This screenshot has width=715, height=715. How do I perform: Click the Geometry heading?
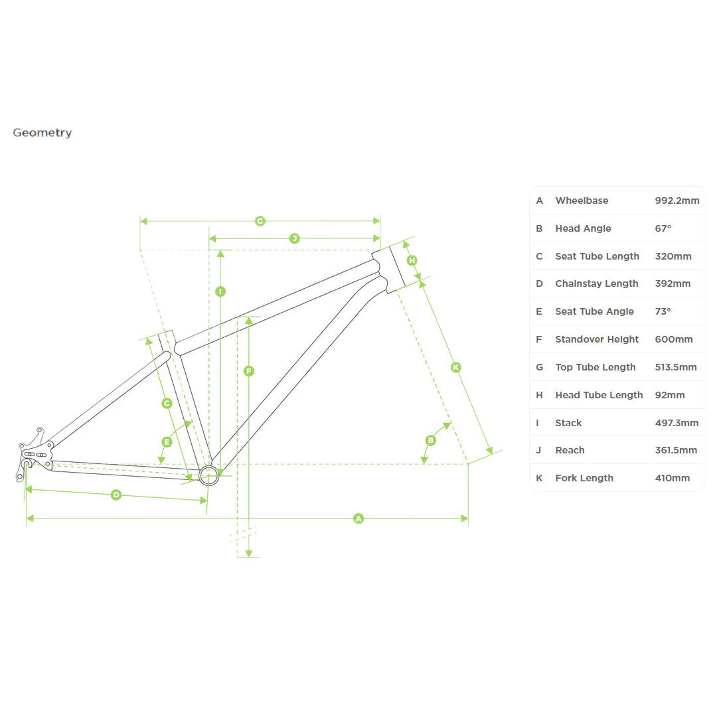[42, 133]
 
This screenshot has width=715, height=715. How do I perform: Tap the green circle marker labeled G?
[260, 221]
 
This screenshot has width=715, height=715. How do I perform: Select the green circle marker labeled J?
[295, 238]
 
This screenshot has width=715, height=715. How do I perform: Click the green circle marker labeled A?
[358, 518]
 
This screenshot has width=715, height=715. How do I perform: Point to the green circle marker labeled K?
[455, 368]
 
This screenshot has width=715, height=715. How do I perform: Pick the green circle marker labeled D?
[116, 495]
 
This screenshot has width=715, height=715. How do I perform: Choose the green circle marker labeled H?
[412, 260]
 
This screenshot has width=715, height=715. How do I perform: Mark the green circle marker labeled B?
[430, 441]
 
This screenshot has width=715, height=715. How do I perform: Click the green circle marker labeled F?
[248, 371]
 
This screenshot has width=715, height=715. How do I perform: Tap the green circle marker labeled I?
[220, 291]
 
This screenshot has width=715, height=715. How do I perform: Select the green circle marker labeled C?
[167, 404]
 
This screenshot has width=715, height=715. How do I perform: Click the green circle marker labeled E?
[167, 442]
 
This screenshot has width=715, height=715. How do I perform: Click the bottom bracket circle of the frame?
[209, 475]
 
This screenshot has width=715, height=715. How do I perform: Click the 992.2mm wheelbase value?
[677, 200]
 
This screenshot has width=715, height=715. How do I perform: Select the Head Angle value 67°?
[663, 228]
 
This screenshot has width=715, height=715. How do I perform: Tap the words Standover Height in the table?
[597, 339]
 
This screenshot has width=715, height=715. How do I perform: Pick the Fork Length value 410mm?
[673, 479]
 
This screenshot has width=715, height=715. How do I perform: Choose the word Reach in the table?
[570, 451]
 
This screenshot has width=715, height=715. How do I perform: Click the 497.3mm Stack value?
[676, 423]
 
